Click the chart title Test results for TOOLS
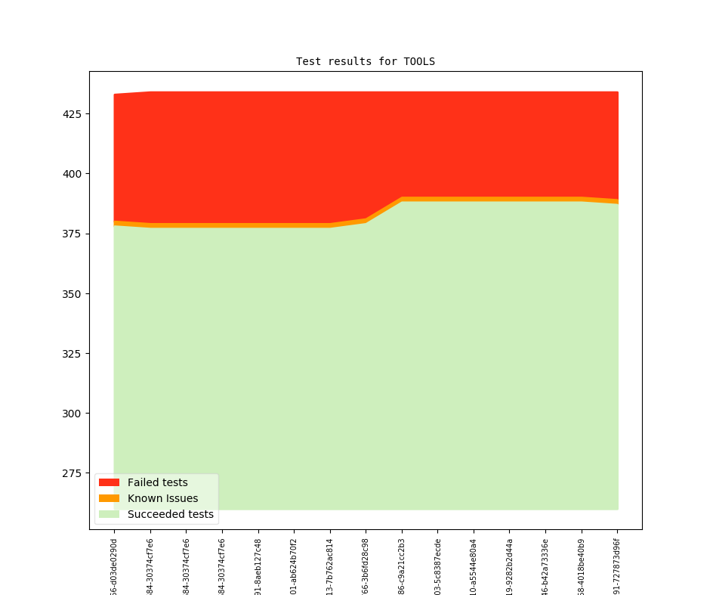pos(365,61)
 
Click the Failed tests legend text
pos(157,482)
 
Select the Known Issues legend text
pos(162,498)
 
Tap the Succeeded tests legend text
pos(170,514)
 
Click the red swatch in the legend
pos(109,482)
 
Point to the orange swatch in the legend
pos(109,498)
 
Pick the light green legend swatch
pos(109,514)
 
